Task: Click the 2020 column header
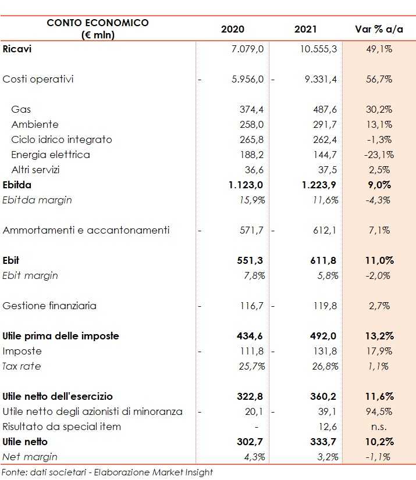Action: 233,29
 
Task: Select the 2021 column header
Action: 306,29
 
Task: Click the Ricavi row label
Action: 17,49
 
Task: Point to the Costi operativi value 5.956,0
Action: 247,79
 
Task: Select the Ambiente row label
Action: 34,124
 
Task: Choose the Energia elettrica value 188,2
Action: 251,155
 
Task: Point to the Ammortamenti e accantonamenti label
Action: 86,230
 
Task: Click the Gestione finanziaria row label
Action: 49,306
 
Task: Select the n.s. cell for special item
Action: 382,427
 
